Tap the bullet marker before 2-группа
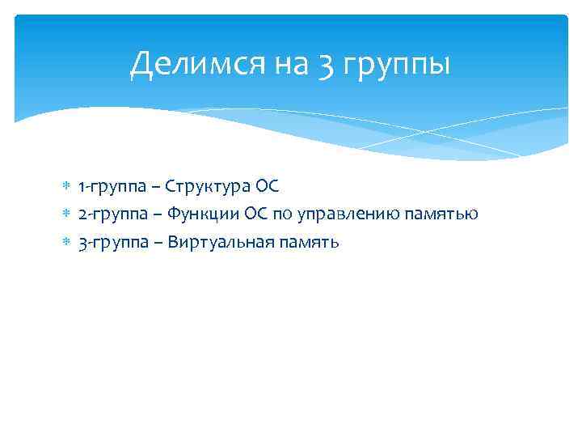click(x=66, y=214)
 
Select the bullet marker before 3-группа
click(x=66, y=242)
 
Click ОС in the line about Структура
click(x=266, y=187)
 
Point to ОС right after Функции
click(x=256, y=214)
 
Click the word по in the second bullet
click(x=285, y=214)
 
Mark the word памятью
click(x=445, y=214)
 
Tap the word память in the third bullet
click(x=309, y=242)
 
